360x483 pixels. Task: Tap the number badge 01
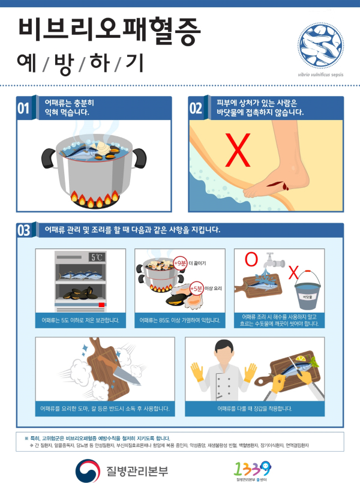click(23, 109)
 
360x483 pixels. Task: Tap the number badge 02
click(196, 109)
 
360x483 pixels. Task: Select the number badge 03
click(23, 231)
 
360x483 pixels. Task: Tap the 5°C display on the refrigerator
click(97, 257)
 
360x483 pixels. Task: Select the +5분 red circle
click(195, 289)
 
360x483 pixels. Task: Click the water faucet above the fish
click(275, 263)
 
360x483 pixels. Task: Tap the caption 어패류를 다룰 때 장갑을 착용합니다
click(254, 409)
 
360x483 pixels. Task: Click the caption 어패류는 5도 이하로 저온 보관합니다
click(80, 320)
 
